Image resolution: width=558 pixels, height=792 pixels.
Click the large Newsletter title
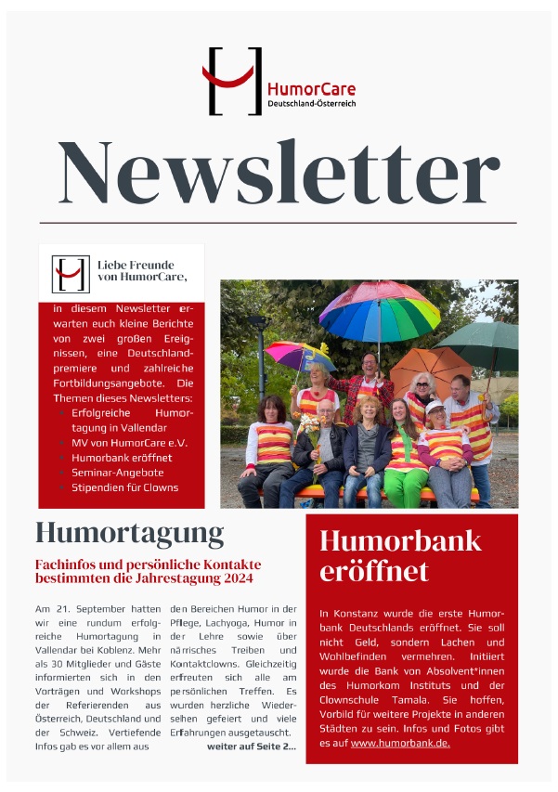[x=279, y=173]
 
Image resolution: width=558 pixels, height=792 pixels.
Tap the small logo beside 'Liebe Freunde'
[x=71, y=274]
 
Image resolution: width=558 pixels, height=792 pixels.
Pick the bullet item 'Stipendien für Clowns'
[x=131, y=487]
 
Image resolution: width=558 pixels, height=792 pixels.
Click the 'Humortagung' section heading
[x=129, y=533]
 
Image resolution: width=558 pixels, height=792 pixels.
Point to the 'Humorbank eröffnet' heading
[x=400, y=554]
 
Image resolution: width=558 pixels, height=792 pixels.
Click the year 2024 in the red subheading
[x=238, y=578]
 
